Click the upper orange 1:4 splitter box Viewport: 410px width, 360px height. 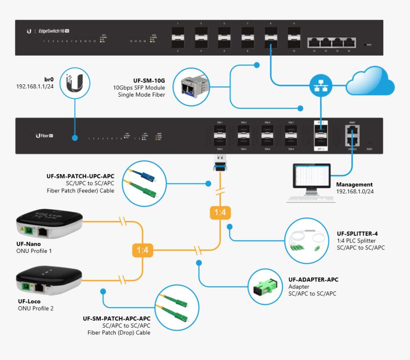[x=220, y=213]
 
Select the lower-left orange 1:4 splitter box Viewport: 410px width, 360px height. [x=142, y=249]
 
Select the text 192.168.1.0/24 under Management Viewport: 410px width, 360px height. [x=355, y=191]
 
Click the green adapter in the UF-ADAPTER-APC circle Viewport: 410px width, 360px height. [x=267, y=286]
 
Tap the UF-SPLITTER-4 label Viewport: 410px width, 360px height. [x=357, y=233]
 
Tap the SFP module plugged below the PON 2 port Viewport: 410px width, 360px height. [x=220, y=166]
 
